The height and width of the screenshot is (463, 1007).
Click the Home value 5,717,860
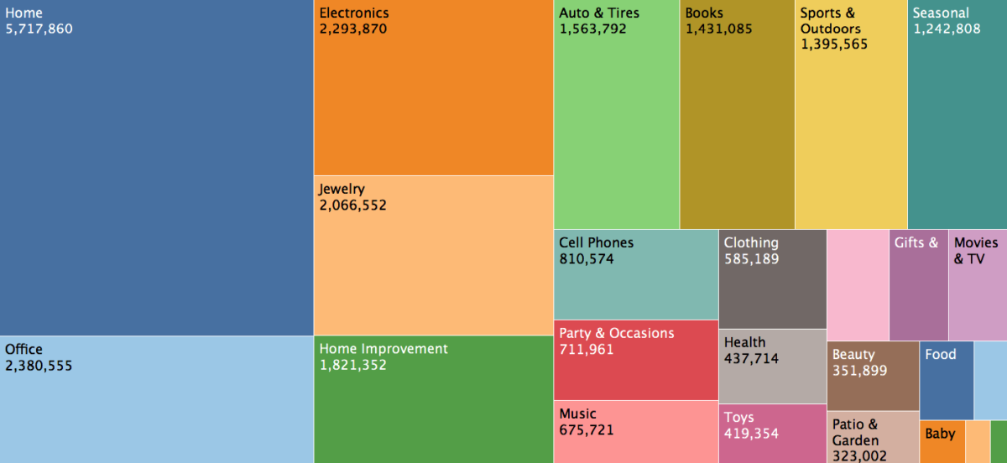coord(39,29)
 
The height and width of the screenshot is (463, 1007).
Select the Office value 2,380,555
coord(39,366)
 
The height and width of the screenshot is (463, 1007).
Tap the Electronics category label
coord(354,13)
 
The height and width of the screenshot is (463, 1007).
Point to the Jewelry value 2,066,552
coord(352,205)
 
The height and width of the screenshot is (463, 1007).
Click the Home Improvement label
coord(383,349)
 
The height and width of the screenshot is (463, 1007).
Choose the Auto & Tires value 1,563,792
coord(592,29)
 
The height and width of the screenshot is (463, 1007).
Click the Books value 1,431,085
coord(718,29)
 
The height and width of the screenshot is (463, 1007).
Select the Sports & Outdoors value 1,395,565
coord(834,44)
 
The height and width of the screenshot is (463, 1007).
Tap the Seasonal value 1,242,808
coord(947,29)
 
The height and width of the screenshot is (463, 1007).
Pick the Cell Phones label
coord(596,243)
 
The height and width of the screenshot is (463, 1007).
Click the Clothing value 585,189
coord(751,259)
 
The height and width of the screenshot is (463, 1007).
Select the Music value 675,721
coord(586,430)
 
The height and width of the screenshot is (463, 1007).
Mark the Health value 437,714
coord(751,359)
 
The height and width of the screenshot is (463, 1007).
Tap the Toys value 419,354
coord(751,434)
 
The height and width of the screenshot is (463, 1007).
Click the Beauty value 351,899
coord(859,371)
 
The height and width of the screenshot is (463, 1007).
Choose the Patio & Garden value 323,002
coord(859,455)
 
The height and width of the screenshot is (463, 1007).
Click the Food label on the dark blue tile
coord(941,355)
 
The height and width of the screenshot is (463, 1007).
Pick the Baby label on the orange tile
coord(941,434)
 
